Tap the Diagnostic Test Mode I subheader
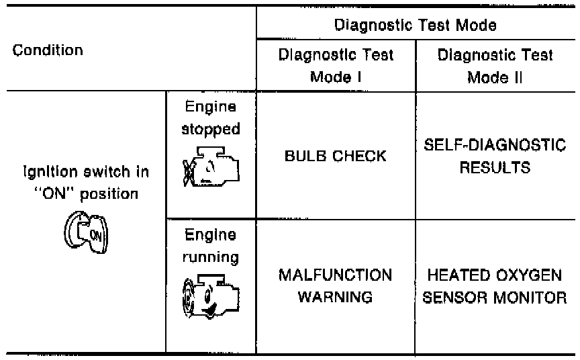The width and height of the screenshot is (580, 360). pyautogui.click(x=336, y=64)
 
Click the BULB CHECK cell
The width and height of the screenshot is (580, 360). pyautogui.click(x=336, y=156)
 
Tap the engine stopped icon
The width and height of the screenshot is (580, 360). pyautogui.click(x=209, y=164)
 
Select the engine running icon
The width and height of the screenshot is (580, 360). pyautogui.click(x=209, y=293)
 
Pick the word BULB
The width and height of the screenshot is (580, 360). pyautogui.click(x=306, y=156)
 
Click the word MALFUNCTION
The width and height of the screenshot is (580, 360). pyautogui.click(x=336, y=275)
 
